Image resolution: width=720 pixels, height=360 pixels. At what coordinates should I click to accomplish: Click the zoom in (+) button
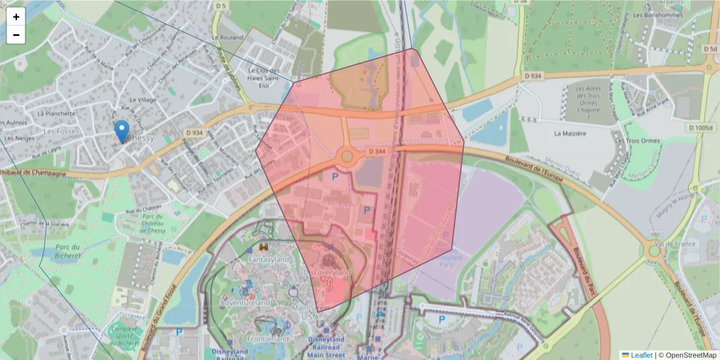point(16,17)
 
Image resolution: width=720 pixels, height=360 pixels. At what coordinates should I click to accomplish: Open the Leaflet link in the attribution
point(641,355)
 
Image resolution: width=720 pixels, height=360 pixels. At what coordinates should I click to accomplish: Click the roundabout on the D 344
point(347,157)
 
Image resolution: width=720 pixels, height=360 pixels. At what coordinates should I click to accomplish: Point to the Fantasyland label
point(268,260)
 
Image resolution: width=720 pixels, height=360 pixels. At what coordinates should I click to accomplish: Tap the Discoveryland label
point(327,272)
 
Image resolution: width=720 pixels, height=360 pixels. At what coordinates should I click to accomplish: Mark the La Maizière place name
point(569,134)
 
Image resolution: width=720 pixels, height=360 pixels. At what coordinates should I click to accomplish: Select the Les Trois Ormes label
point(637,141)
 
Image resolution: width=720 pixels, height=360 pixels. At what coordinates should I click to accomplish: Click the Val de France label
point(676,244)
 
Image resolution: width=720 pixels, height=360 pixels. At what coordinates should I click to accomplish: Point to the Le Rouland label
point(229,37)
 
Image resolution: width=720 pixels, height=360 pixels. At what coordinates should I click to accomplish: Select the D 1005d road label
point(701,128)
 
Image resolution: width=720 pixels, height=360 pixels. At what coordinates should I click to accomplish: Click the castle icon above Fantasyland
point(263,246)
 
